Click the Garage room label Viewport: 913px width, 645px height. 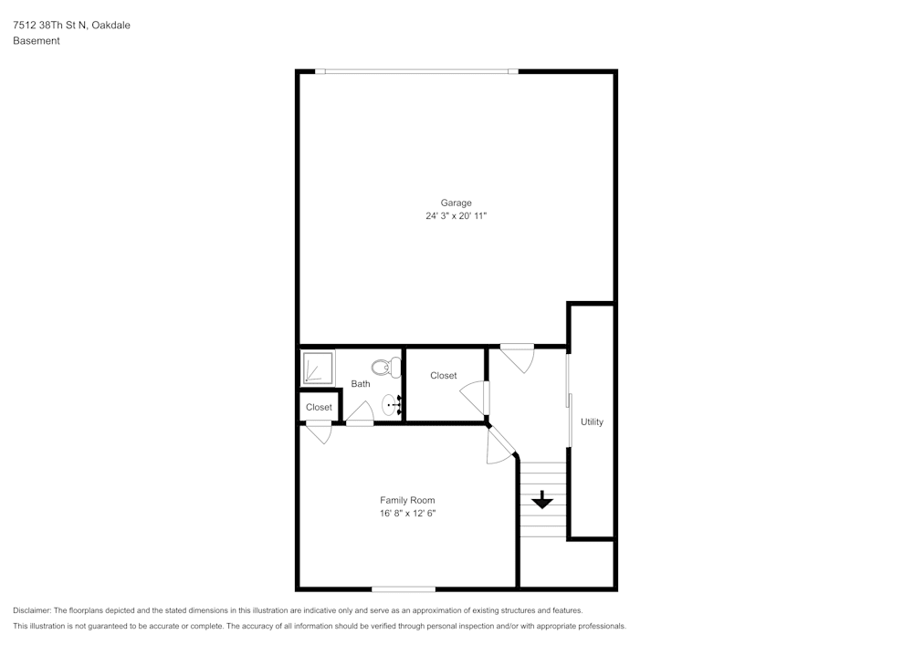[456, 203]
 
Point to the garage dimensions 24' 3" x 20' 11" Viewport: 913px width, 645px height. [456, 216]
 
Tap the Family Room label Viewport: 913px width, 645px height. [407, 500]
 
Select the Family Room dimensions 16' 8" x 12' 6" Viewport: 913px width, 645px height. [407, 513]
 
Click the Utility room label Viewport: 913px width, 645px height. [592, 422]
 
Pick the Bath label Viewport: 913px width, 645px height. [361, 384]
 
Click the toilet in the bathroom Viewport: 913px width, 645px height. [386, 368]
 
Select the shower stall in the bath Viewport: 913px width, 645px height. [318, 368]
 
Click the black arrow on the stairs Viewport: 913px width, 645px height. [542, 500]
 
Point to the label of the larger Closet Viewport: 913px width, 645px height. [444, 376]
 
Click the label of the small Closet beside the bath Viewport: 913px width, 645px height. [319, 407]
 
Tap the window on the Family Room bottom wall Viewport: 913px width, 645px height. [404, 589]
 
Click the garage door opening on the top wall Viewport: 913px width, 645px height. [416, 71]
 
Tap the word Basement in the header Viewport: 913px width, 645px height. [37, 41]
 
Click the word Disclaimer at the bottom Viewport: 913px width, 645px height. [31, 610]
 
